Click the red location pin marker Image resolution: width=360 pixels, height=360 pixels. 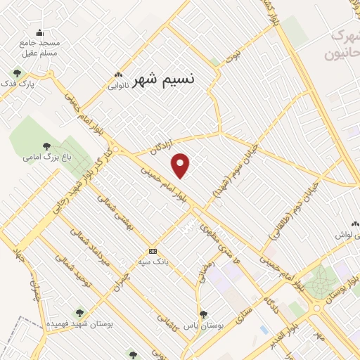coord(181,165)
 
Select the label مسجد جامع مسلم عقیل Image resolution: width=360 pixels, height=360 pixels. coord(40,47)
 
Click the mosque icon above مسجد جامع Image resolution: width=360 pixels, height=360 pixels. coord(39,32)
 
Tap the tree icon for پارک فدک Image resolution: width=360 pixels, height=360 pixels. coord(17,72)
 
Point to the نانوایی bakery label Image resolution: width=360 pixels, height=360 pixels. coord(118,86)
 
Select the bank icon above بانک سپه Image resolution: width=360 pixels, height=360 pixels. coord(153,251)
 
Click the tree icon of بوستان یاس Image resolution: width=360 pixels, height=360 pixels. coord(203,314)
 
